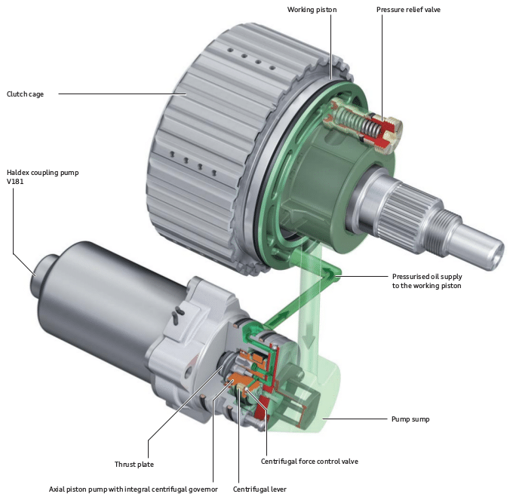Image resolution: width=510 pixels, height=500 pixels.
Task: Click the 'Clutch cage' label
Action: click(26, 94)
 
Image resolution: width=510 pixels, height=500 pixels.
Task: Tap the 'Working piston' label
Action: click(312, 10)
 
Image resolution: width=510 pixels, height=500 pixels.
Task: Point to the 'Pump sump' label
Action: click(410, 419)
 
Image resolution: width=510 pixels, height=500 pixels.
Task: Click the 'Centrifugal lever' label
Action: click(260, 489)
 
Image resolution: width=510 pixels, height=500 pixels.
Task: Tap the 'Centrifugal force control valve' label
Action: click(309, 461)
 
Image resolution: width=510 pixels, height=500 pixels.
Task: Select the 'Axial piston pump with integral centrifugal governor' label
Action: click(133, 489)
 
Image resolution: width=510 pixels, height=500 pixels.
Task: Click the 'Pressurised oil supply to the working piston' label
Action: click(426, 281)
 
